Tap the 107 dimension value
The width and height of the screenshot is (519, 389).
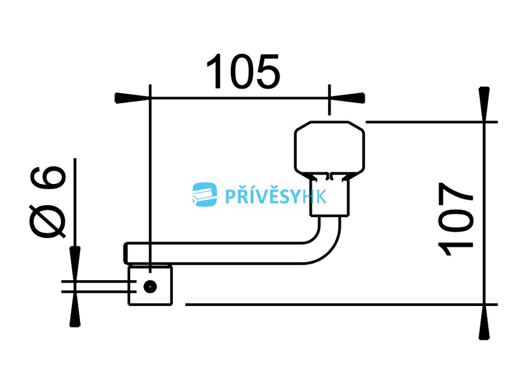tap(456, 219)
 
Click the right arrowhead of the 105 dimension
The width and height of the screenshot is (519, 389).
tap(347, 98)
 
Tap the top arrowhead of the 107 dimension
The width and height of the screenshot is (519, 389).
tap(484, 104)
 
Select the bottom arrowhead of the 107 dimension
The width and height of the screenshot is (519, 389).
tap(484, 322)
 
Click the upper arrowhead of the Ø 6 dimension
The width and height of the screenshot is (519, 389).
tap(75, 264)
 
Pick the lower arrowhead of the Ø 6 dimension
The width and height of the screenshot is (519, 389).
tap(75, 309)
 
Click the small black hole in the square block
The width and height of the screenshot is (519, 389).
tap(150, 287)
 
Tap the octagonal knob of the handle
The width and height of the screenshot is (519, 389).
tap(329, 147)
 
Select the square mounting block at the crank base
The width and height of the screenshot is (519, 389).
tap(150, 286)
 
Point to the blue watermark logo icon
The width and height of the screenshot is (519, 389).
tap(205, 194)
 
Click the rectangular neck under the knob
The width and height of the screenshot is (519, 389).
tap(329, 194)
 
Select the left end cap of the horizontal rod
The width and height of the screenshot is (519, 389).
tap(126, 253)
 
